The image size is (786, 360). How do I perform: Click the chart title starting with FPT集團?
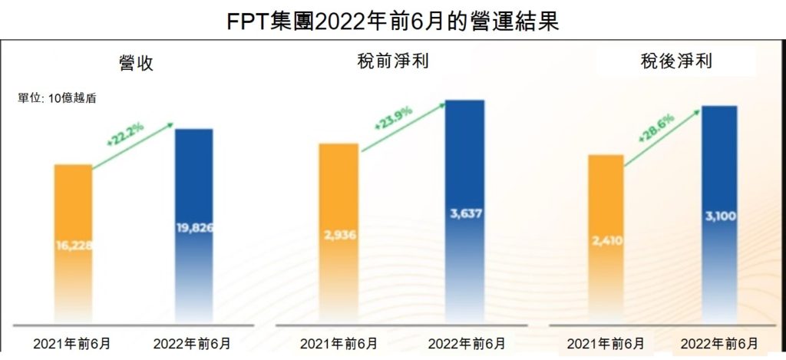coord(392,20)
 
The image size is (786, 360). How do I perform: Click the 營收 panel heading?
coord(136,63)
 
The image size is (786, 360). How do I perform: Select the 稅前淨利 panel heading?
coord(394,61)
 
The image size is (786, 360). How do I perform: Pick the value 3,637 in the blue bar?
coord(465,213)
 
